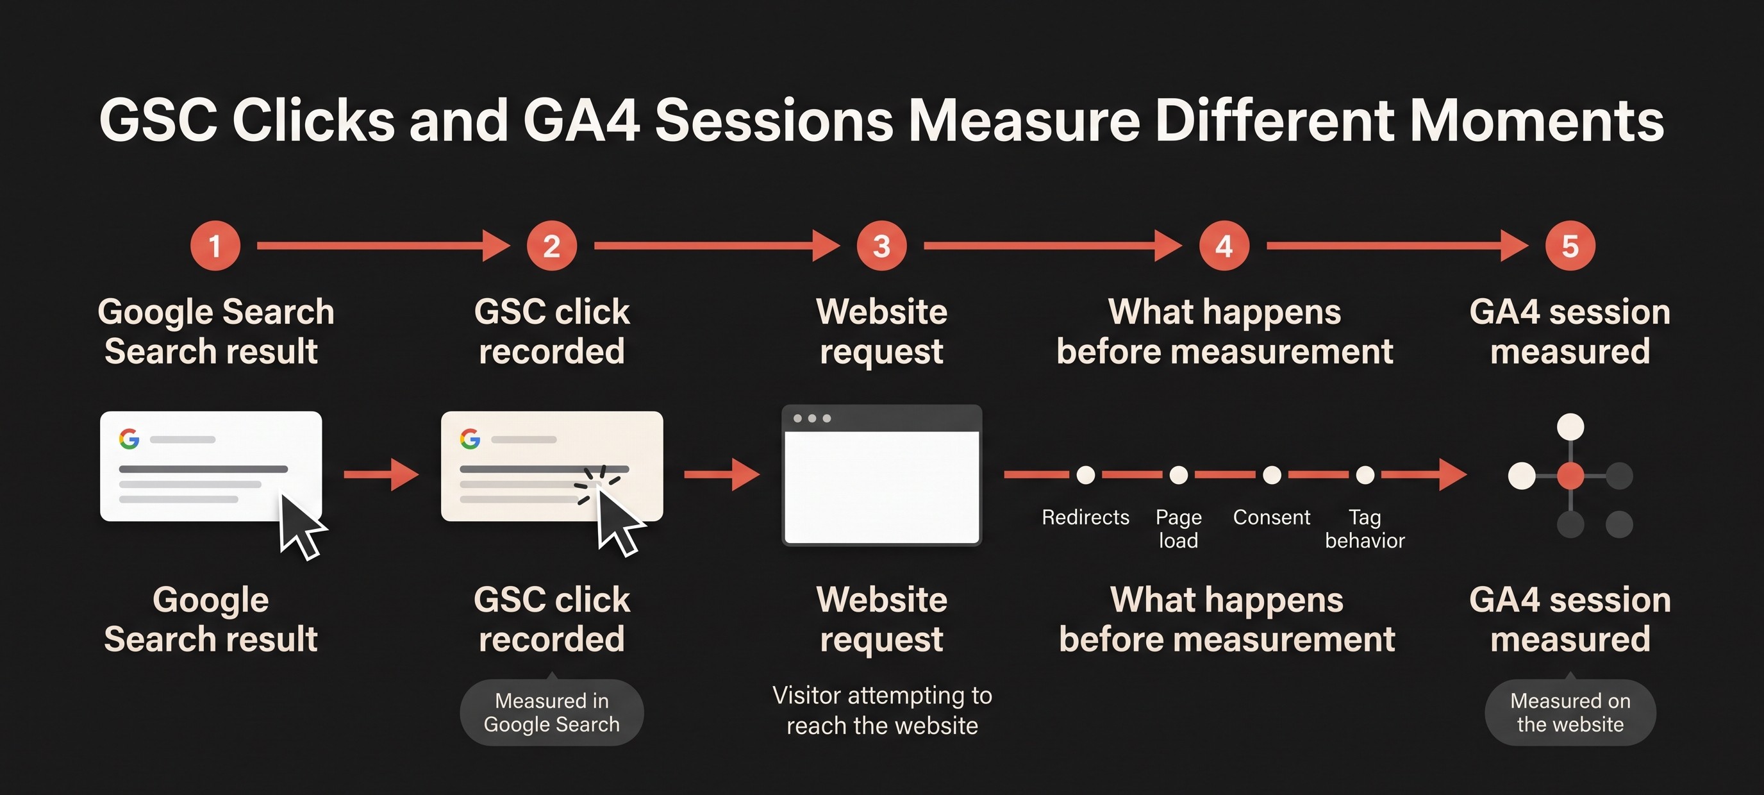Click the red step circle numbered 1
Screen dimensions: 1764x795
[215, 246]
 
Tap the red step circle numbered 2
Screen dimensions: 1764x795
[552, 246]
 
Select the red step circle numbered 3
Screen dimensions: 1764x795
[882, 246]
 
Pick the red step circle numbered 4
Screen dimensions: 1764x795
[1224, 246]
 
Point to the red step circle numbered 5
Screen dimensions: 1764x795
[1570, 246]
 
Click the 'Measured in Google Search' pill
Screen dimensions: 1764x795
[552, 712]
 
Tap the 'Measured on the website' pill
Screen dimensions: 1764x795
[1570, 712]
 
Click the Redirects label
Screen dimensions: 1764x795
[1085, 517]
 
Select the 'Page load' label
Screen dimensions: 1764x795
[1179, 529]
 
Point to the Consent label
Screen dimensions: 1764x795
[1272, 517]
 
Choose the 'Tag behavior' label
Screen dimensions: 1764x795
[1365, 529]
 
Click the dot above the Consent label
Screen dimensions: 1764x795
[1272, 474]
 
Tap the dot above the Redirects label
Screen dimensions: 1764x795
[1085, 474]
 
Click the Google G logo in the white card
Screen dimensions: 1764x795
[129, 439]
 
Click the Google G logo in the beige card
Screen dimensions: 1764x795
[470, 439]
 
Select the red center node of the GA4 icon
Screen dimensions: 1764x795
[1570, 476]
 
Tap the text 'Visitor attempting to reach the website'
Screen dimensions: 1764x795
[882, 710]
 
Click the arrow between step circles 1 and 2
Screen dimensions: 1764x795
[383, 246]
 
